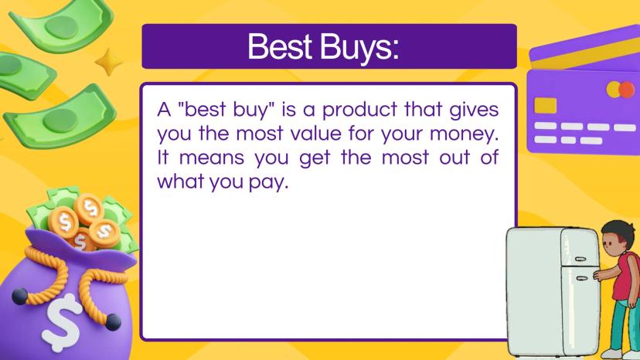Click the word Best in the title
pyautogui.click(x=280, y=47)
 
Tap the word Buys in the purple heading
pyautogui.click(x=359, y=48)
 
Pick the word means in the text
pyautogui.click(x=212, y=158)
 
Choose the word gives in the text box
pyautogui.click(x=474, y=110)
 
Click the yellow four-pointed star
pyautogui.click(x=108, y=62)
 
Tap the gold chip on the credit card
pyautogui.click(x=545, y=105)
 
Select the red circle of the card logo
pyautogui.click(x=627, y=90)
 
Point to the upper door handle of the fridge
pyautogui.click(x=580, y=259)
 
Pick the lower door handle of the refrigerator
pyautogui.click(x=581, y=278)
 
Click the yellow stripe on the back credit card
pyautogui.click(x=587, y=53)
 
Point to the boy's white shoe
pyautogui.click(x=611, y=354)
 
